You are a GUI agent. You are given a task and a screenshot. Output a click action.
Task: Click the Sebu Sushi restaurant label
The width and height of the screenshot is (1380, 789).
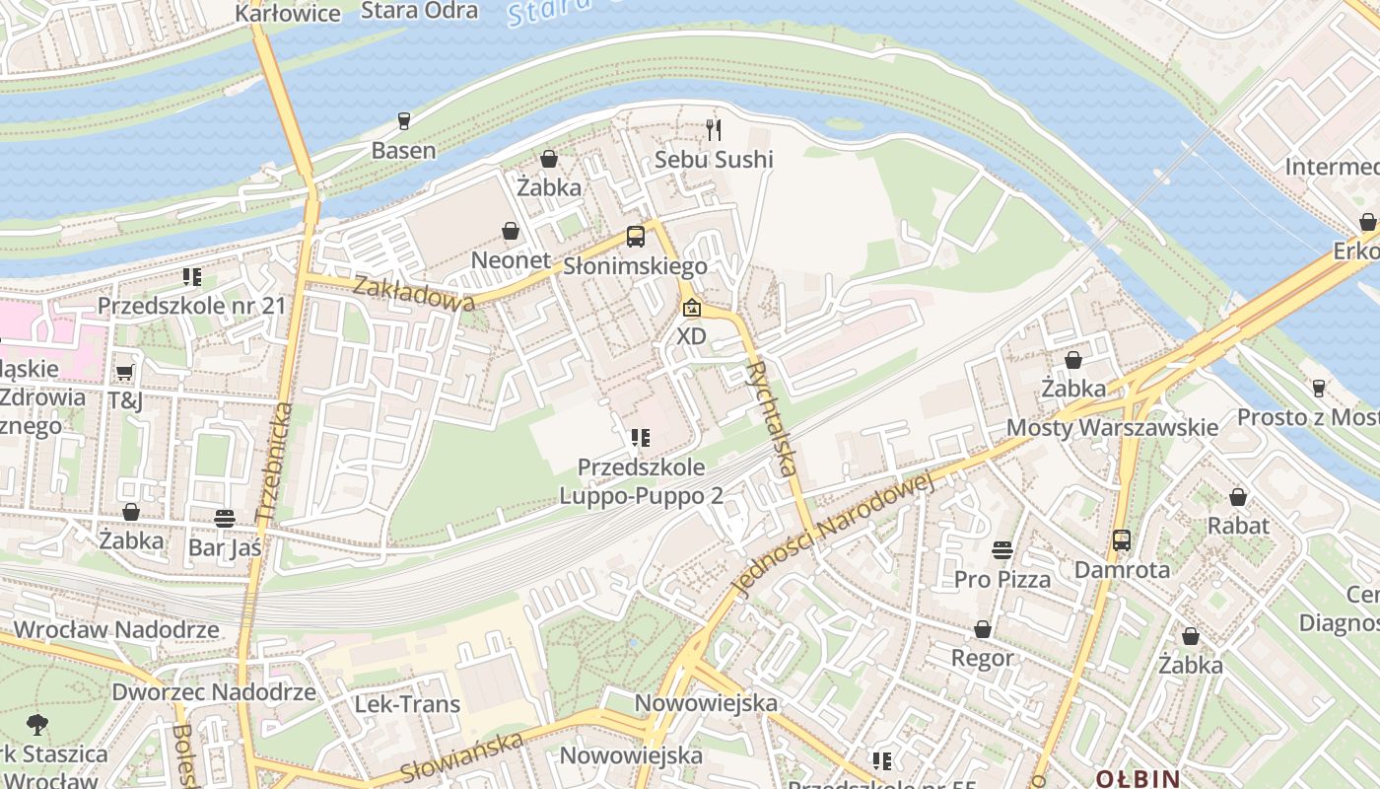tap(715, 159)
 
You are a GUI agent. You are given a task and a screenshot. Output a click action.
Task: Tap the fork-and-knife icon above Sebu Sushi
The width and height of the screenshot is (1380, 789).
tap(715, 129)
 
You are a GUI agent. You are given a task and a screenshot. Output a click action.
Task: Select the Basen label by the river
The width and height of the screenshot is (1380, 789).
tap(403, 151)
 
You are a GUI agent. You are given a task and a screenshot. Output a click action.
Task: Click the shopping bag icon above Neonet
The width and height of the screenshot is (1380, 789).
tap(511, 232)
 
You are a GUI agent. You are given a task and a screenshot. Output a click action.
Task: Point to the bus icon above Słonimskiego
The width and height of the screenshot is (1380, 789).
tap(636, 237)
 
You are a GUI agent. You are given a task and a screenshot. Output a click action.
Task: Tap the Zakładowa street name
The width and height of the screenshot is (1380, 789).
tap(412, 294)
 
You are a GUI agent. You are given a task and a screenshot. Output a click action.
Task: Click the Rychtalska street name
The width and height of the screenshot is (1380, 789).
tap(772, 418)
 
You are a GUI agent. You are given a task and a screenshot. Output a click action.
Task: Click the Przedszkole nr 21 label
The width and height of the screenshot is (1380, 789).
tap(191, 306)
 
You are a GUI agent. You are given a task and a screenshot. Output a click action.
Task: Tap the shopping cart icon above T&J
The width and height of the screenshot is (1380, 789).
tap(125, 372)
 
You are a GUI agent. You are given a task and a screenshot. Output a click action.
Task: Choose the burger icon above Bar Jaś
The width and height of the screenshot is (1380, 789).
tap(225, 518)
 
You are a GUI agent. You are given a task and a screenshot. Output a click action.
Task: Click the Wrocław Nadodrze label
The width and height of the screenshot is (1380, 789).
tap(116, 629)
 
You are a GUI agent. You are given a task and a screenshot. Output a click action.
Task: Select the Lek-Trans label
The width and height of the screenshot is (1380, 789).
tap(407, 704)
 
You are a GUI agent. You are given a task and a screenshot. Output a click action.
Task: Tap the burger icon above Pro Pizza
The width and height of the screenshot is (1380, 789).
tap(1002, 549)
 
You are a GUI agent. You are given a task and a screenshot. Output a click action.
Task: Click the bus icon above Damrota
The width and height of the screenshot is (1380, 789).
tap(1122, 540)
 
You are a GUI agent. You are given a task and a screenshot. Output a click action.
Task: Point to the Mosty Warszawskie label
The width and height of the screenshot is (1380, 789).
tap(1112, 428)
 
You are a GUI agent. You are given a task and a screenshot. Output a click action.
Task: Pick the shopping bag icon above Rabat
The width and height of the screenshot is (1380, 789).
tap(1238, 497)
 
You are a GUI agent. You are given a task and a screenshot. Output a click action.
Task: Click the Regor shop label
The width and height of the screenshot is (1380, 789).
tap(982, 657)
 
